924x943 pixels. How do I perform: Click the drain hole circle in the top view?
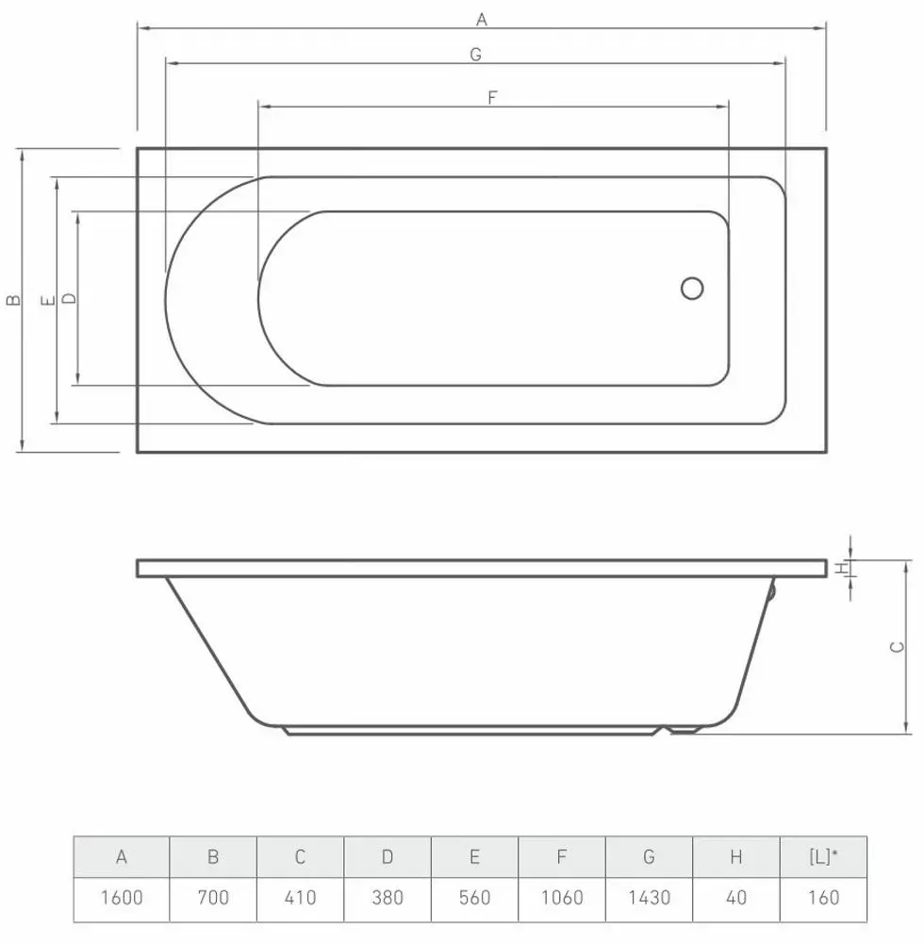click(692, 289)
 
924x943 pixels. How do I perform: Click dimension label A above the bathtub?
click(482, 18)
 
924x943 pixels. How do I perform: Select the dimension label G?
click(476, 55)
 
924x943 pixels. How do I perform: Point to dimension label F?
click(492, 97)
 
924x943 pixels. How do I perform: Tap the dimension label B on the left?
click(12, 300)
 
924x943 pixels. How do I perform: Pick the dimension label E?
click(46, 300)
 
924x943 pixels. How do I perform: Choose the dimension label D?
click(68, 299)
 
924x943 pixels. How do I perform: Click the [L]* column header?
click(823, 857)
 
